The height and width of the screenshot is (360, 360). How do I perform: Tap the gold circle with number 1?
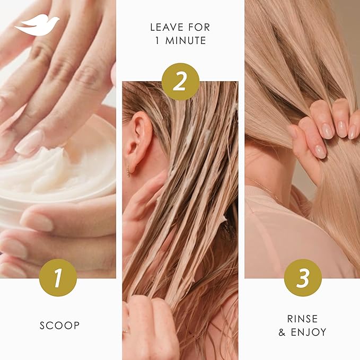tap(58, 278)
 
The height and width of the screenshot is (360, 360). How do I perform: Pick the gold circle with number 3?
tap(303, 278)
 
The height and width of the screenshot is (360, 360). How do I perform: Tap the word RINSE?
tap(303, 319)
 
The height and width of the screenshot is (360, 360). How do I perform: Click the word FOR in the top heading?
tap(199, 27)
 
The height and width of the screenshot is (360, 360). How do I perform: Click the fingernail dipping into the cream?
tap(29, 143)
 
